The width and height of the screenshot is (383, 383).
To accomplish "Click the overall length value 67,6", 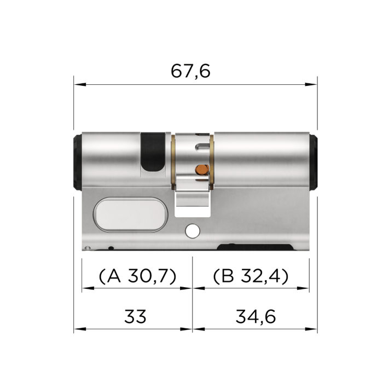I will coord(190,71).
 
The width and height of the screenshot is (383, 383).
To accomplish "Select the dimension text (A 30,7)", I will coord(137,276).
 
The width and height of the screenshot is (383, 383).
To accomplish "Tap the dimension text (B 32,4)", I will coord(251,276).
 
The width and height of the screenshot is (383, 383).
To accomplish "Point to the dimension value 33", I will coord(135,316).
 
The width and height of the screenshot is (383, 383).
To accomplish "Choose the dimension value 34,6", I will coord(255,316).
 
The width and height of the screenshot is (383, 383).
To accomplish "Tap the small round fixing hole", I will coord(192,231).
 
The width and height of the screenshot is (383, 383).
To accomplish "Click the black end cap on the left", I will coord(77,161).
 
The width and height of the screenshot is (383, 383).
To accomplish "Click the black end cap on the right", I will coord(314,161).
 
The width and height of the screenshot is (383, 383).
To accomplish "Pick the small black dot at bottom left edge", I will coord(111,248).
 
